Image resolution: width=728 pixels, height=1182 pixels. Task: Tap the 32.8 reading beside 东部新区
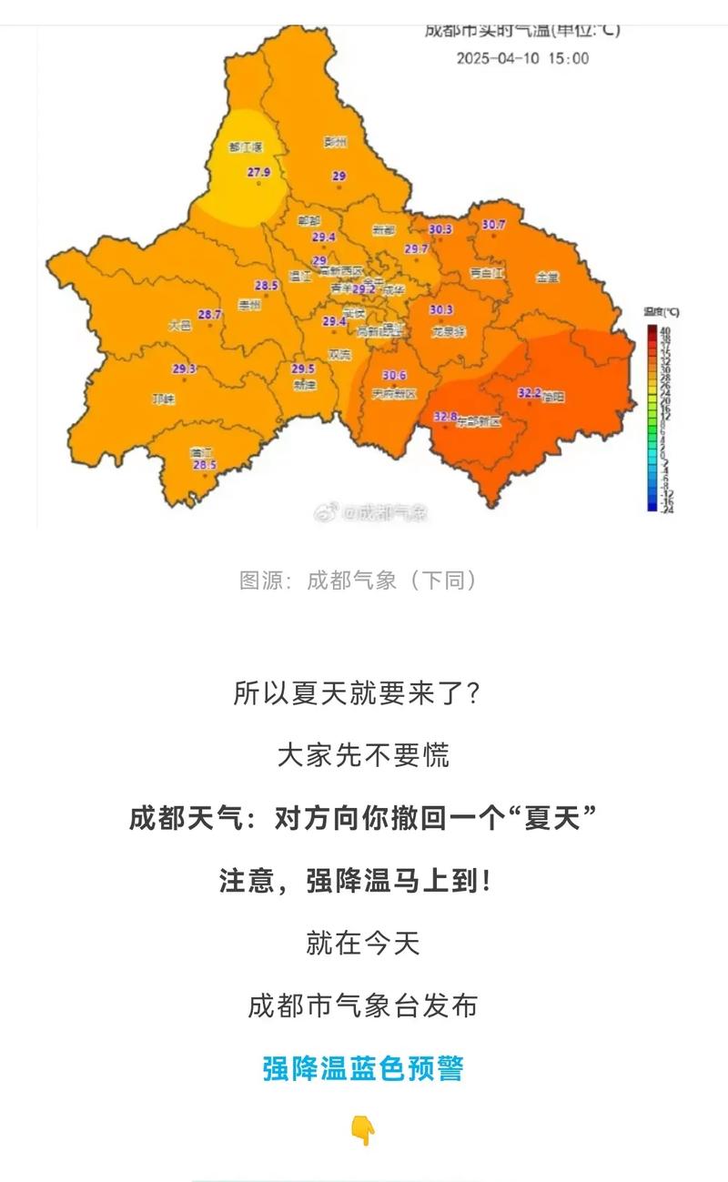coord(445,416)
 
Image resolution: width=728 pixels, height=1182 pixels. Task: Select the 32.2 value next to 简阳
coord(530,393)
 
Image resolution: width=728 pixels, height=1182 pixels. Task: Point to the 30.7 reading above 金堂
coord(493,224)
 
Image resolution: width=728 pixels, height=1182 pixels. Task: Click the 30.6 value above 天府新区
coord(394,375)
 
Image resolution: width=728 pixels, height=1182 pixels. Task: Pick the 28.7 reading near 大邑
coord(210,315)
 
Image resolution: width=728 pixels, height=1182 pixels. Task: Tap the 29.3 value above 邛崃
coord(184,369)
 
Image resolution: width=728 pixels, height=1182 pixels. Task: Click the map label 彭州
coord(336,142)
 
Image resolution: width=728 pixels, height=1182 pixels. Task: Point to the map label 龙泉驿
coord(448,332)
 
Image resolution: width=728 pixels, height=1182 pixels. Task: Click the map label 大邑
coord(180,325)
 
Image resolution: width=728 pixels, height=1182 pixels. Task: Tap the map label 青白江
coord(487,272)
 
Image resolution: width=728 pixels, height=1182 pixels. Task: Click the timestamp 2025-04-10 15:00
coord(522,58)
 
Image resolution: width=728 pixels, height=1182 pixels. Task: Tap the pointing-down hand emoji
coord(363,1131)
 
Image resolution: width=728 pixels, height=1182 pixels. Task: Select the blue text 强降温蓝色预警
coord(363,1068)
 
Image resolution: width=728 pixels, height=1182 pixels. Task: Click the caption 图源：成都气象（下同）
coord(359,580)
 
